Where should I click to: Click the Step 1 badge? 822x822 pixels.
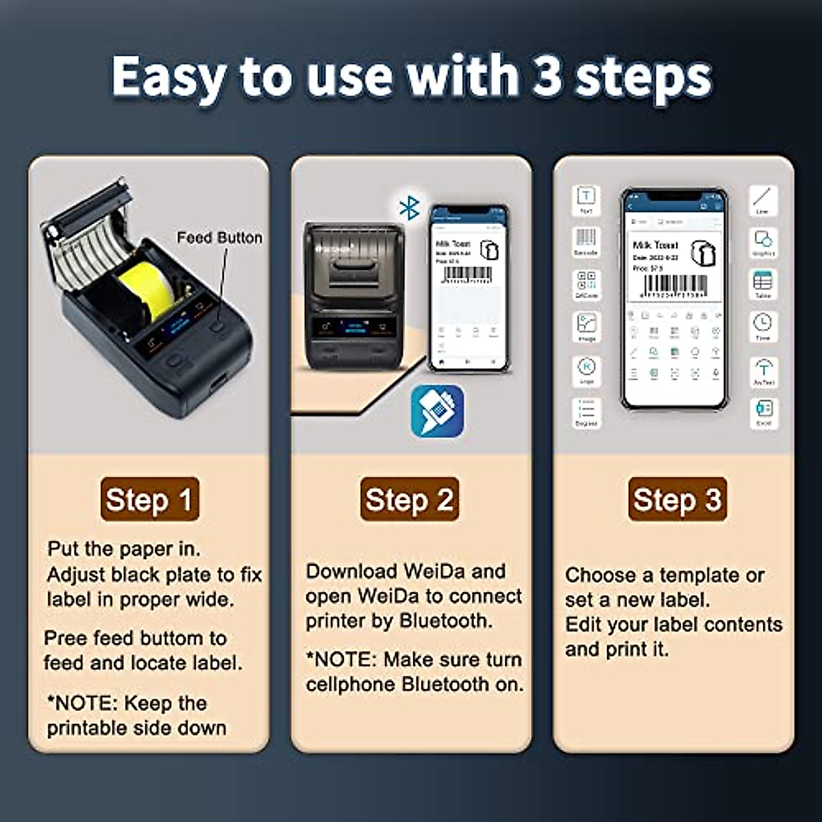coord(149,499)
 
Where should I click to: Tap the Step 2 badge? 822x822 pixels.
coord(410,499)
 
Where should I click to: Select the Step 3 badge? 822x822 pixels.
coord(677,499)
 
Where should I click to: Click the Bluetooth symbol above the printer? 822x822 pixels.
coord(409,207)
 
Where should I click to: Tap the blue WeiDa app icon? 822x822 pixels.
coord(437,411)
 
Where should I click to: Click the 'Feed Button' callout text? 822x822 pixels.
coord(219,238)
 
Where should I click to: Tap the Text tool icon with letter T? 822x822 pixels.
coord(586,198)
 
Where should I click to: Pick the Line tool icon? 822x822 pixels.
coord(762,198)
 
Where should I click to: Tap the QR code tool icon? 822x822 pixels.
coord(586,282)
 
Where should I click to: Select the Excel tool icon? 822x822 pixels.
coord(763,410)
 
